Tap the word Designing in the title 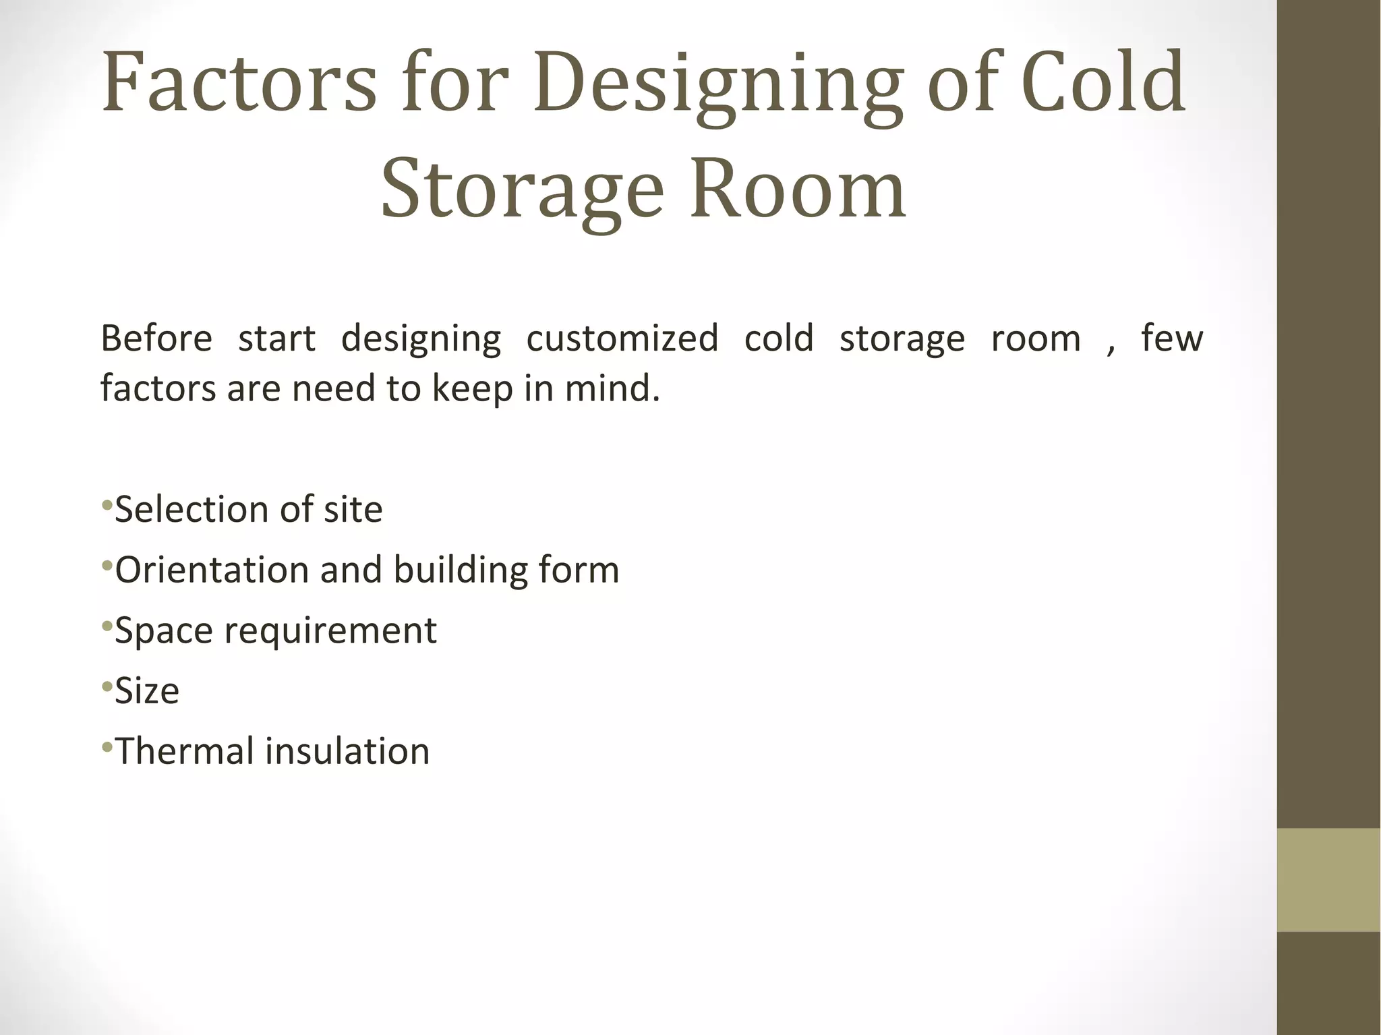[717, 84]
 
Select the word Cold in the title [1103, 82]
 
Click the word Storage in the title [523, 191]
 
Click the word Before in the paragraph [156, 338]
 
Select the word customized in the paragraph [622, 338]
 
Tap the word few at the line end [1171, 338]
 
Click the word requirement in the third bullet [330, 631]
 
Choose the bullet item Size [147, 691]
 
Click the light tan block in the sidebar [1328, 879]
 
